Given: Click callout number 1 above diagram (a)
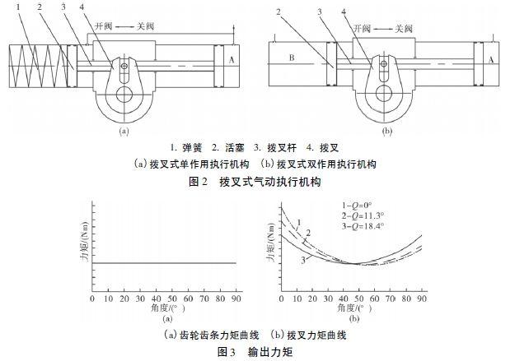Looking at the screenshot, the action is tap(18, 7).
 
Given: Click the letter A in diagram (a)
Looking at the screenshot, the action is tap(232, 60).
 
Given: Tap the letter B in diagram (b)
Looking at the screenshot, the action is tap(292, 58).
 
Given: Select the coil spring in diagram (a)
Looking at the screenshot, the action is tap(38, 66).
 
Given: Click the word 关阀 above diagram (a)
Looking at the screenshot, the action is tap(145, 26).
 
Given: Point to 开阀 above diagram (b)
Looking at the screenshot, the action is tap(362, 29).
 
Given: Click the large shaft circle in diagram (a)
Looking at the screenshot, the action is tap(124, 95).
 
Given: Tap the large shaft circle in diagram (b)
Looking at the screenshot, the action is tap(384, 94).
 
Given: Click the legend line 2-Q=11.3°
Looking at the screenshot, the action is tap(363, 215).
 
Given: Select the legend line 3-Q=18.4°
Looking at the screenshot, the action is tap(363, 225).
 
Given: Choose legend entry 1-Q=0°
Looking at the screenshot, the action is tap(357, 206).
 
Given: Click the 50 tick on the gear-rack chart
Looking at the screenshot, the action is tap(172, 299).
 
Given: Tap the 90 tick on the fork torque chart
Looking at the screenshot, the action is tap(422, 299).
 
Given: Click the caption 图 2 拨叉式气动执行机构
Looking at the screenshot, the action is tap(255, 181).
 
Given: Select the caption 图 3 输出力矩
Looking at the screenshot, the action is tap(255, 352).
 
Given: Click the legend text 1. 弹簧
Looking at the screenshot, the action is tap(186, 148).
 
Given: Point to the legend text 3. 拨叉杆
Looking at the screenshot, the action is tap(275, 148).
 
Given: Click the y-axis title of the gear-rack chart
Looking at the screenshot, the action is tap(86, 241).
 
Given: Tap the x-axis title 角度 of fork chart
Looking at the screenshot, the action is tap(354, 308).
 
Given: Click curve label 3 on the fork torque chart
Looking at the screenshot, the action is tap(303, 260).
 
